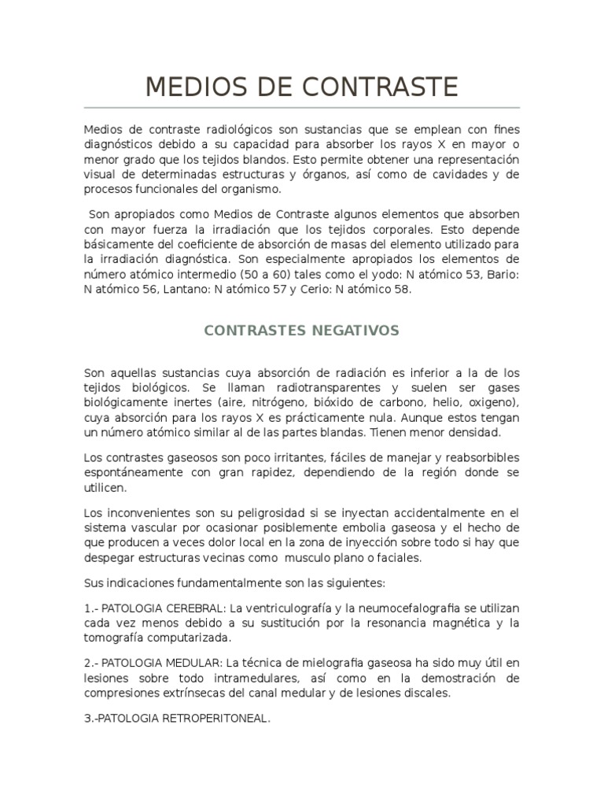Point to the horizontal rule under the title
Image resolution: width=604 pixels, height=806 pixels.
pyautogui.click(x=301, y=108)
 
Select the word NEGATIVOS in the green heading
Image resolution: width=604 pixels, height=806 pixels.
pyautogui.click(x=352, y=330)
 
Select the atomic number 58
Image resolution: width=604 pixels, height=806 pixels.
pyautogui.click(x=403, y=289)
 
